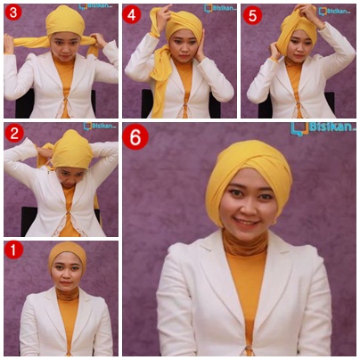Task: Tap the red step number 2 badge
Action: coord(14,134)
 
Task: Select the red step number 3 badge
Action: coord(12,13)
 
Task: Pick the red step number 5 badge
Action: coord(252,13)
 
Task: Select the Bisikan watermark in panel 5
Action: coord(334,11)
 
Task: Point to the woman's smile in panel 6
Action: coord(246,221)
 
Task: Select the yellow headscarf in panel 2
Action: coord(71,150)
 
